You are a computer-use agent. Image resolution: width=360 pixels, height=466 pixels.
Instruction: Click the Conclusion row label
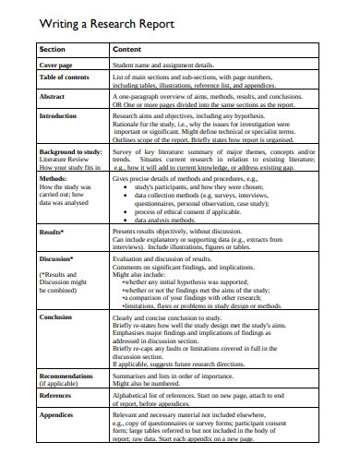click(x=57, y=317)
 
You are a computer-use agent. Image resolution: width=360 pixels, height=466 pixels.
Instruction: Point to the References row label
click(x=57, y=394)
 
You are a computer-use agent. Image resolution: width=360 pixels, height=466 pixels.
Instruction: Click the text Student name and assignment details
click(x=162, y=66)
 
